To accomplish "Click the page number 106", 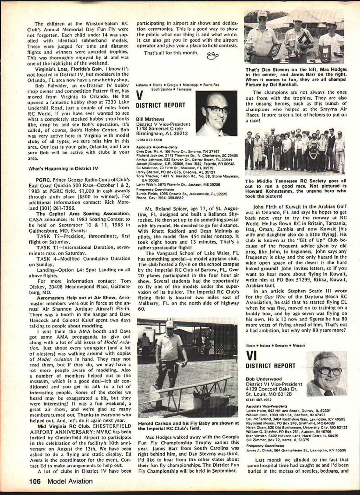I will click(x=35, y=481).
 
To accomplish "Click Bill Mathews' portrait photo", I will click(x=216, y=114).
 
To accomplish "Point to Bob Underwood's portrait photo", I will click(x=327, y=374).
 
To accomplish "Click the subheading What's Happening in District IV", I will click(x=63, y=169).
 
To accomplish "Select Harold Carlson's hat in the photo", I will click(x=169, y=324).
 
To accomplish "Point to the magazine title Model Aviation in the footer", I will click(x=70, y=481).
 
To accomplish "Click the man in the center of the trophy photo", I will click(x=298, y=37).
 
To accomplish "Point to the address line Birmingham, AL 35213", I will click(x=162, y=133).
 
